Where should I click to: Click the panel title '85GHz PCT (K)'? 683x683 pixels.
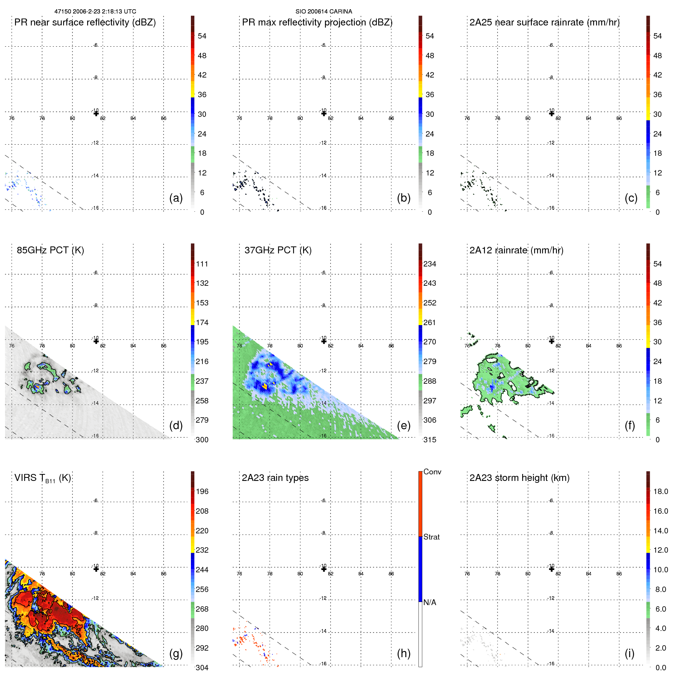click(x=50, y=250)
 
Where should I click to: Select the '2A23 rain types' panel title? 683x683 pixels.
click(x=275, y=478)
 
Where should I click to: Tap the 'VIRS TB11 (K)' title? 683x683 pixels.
click(x=42, y=478)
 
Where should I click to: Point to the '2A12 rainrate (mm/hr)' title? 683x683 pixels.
click(x=516, y=250)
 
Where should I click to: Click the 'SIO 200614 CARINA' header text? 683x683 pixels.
click(x=324, y=12)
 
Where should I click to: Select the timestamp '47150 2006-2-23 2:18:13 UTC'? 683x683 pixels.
click(x=95, y=12)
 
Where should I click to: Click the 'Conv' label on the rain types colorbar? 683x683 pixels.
click(x=432, y=472)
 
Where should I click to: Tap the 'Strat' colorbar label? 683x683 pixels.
click(x=432, y=537)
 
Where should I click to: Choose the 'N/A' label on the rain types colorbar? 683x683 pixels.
click(x=430, y=602)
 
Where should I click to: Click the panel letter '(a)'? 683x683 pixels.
click(x=176, y=198)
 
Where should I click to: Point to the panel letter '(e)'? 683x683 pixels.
click(x=404, y=425)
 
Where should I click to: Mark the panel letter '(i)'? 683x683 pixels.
click(x=629, y=653)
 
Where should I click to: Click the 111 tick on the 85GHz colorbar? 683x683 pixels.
click(x=202, y=264)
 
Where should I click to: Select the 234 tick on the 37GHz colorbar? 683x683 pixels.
click(x=430, y=264)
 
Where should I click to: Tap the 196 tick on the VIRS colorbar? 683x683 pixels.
click(x=202, y=491)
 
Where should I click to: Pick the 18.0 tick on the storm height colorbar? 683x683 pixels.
click(x=661, y=491)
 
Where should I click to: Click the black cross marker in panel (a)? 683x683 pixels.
click(x=96, y=113)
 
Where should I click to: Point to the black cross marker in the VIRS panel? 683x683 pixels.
click(x=96, y=569)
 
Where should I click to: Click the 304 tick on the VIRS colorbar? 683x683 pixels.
click(x=202, y=668)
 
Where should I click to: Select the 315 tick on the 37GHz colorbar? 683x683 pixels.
click(x=430, y=440)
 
